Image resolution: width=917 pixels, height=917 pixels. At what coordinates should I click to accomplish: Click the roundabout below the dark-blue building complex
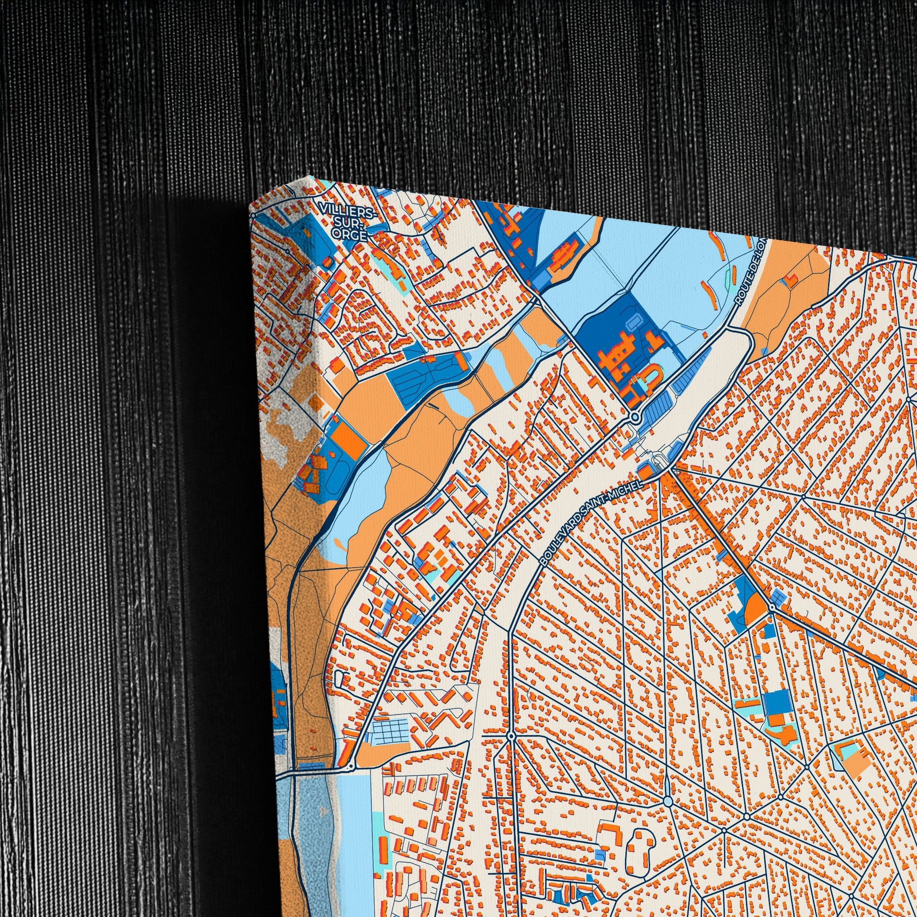(x=635, y=417)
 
